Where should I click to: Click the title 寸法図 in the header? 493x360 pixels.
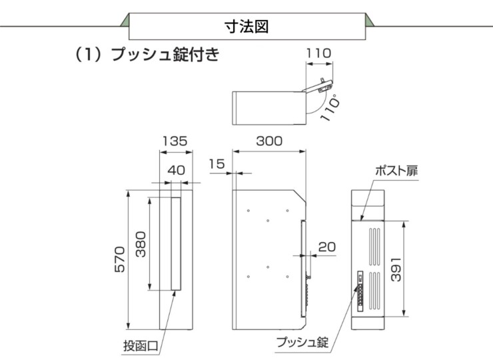(x=247, y=27)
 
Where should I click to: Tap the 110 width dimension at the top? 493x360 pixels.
(x=320, y=53)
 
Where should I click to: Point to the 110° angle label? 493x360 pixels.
(x=330, y=107)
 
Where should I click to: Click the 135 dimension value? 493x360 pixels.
(x=175, y=141)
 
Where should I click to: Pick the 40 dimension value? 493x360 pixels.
(x=176, y=170)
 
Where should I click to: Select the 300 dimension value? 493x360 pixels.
(x=269, y=141)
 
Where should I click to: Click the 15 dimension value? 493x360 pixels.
(x=215, y=163)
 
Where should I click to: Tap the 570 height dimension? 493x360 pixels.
(x=119, y=258)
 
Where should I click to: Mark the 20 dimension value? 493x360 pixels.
(x=326, y=247)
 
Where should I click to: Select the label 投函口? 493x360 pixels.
(x=141, y=346)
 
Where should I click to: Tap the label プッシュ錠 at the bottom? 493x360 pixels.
(x=302, y=343)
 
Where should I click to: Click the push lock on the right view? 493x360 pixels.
(x=360, y=291)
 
